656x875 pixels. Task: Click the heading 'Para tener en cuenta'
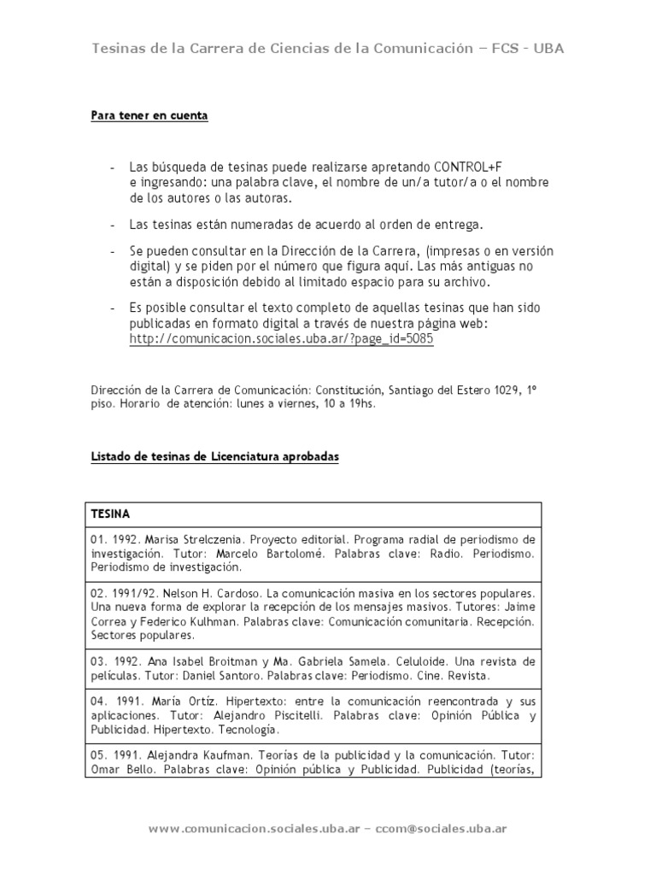(149, 116)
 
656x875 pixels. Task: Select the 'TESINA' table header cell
(110, 514)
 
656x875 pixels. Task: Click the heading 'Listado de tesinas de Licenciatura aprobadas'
(215, 457)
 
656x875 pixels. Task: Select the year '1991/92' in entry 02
(126, 592)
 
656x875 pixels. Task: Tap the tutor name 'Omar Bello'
(119, 769)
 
